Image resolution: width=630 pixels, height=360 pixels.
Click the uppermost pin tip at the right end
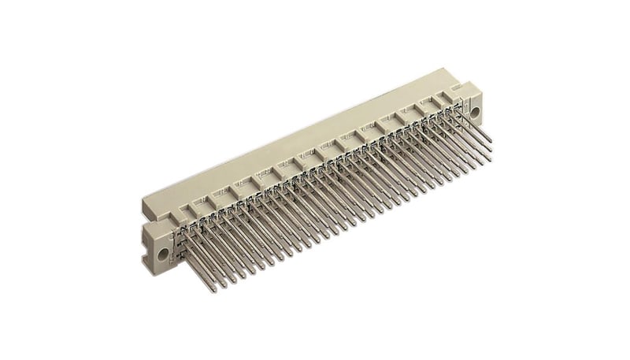[x=491, y=141]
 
